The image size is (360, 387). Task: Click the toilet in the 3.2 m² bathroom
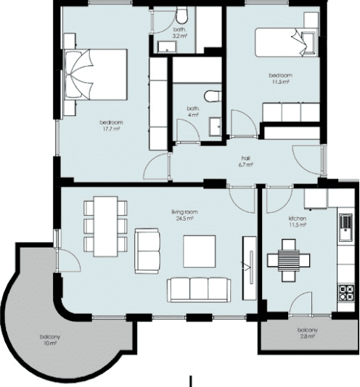pos(181,15)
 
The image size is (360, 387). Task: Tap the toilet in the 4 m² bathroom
pos(213,97)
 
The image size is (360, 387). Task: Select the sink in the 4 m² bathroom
pos(215,126)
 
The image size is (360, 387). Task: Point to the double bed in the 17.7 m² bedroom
pos(96,75)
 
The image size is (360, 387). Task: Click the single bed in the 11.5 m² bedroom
pos(286,42)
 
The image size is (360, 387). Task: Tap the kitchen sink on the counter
pos(345,227)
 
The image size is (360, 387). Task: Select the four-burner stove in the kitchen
pos(346,293)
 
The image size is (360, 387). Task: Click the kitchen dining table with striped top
pos(289,261)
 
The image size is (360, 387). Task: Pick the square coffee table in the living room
pos(199,251)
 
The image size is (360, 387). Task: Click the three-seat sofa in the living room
pos(199,290)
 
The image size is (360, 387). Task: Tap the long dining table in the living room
pos(106,227)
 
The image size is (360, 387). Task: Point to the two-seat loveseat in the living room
pos(147,251)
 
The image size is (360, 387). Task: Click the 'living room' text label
pos(184,212)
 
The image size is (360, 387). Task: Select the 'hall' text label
pos(245,158)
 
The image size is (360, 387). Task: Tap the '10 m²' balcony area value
pos(50,343)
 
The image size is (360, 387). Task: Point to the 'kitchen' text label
pos(298,219)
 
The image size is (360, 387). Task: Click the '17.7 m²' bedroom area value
pos(111,129)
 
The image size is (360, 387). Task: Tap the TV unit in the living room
pos(250,268)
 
